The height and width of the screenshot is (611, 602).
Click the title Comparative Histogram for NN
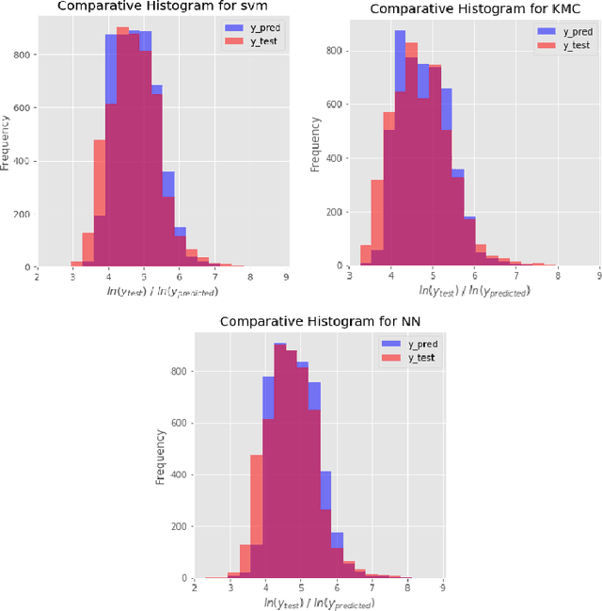(x=305, y=321)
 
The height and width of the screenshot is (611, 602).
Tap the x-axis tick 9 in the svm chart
(x=285, y=276)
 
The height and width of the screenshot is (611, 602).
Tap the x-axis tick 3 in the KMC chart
(x=349, y=275)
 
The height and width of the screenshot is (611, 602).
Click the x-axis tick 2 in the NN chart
(x=194, y=587)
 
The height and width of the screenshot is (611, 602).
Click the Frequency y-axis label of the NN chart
(x=160, y=458)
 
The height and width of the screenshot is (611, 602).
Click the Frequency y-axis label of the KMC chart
(x=317, y=143)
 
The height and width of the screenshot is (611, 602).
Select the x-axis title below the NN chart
(x=318, y=602)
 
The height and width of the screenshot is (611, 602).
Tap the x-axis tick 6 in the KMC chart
(x=474, y=275)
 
